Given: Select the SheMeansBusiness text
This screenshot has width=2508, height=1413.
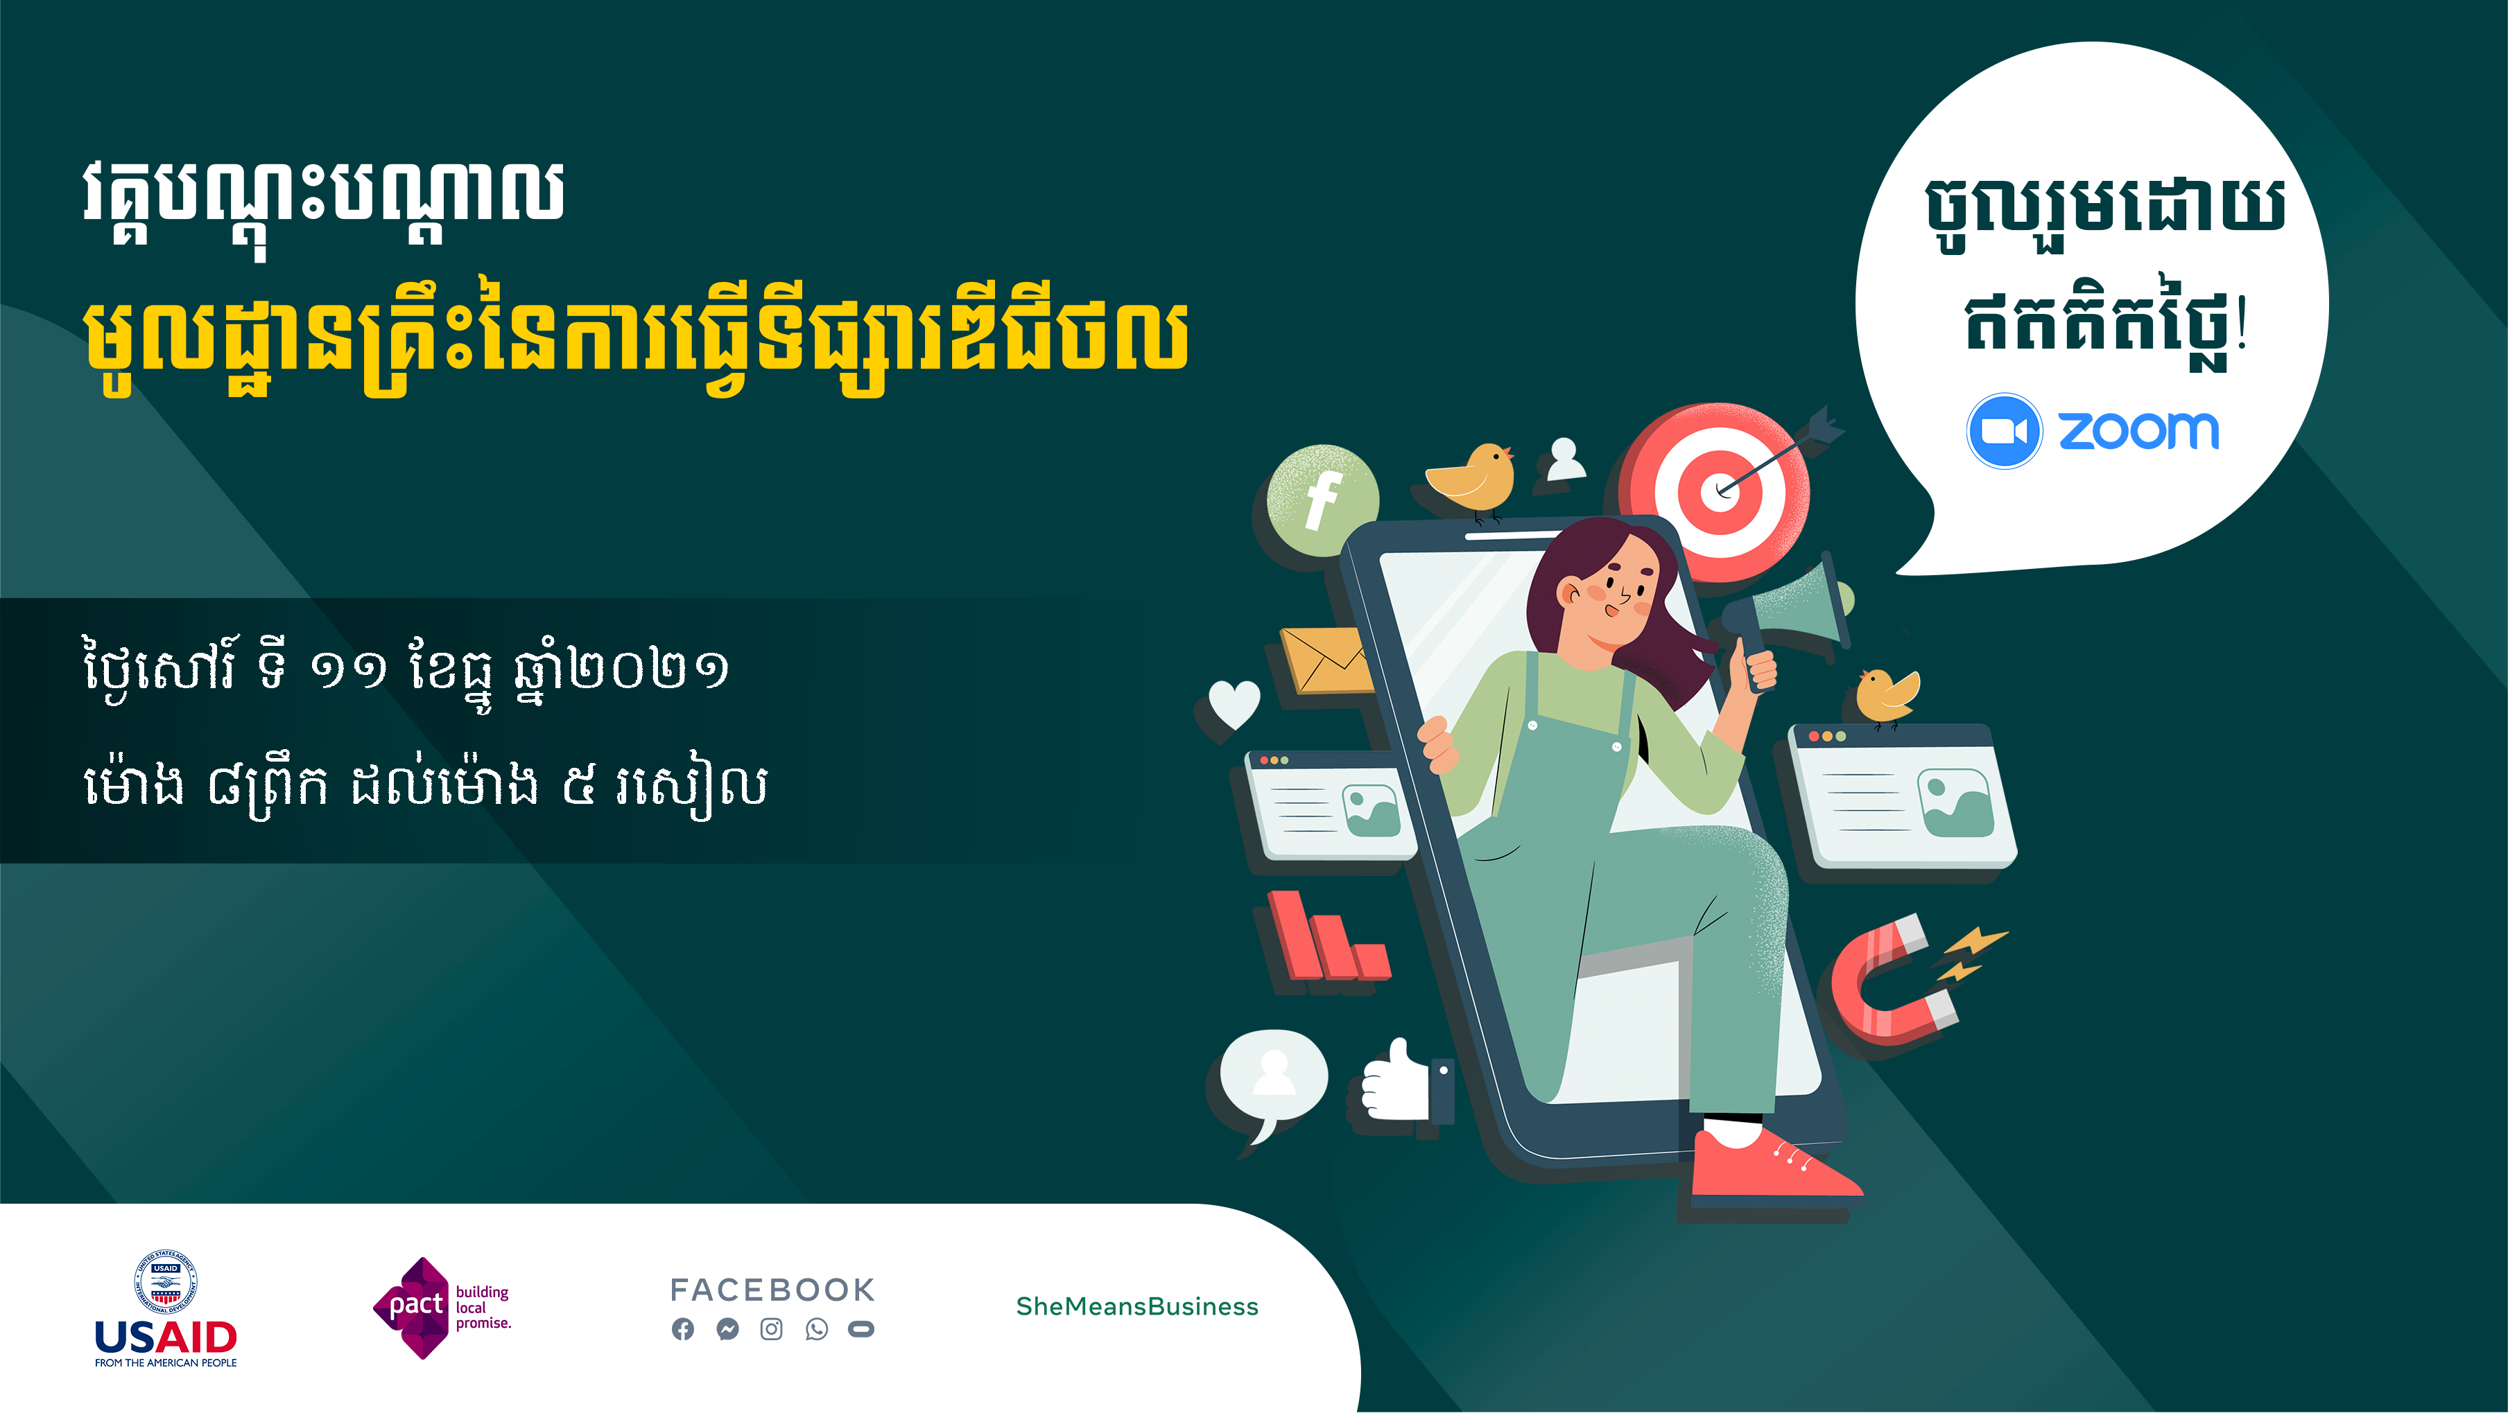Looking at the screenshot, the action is point(1137,1306).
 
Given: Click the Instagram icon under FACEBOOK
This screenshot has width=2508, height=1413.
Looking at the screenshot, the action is point(771,1329).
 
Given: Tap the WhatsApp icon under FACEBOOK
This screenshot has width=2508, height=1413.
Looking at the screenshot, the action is point(817,1329).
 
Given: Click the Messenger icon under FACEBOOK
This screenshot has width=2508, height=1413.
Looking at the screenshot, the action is point(727,1329).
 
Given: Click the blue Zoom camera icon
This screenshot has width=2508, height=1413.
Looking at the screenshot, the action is point(2004,431).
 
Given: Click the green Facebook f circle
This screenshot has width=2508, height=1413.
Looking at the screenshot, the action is point(1322,499).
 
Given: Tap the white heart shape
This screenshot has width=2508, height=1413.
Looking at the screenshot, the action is point(1234,703).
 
